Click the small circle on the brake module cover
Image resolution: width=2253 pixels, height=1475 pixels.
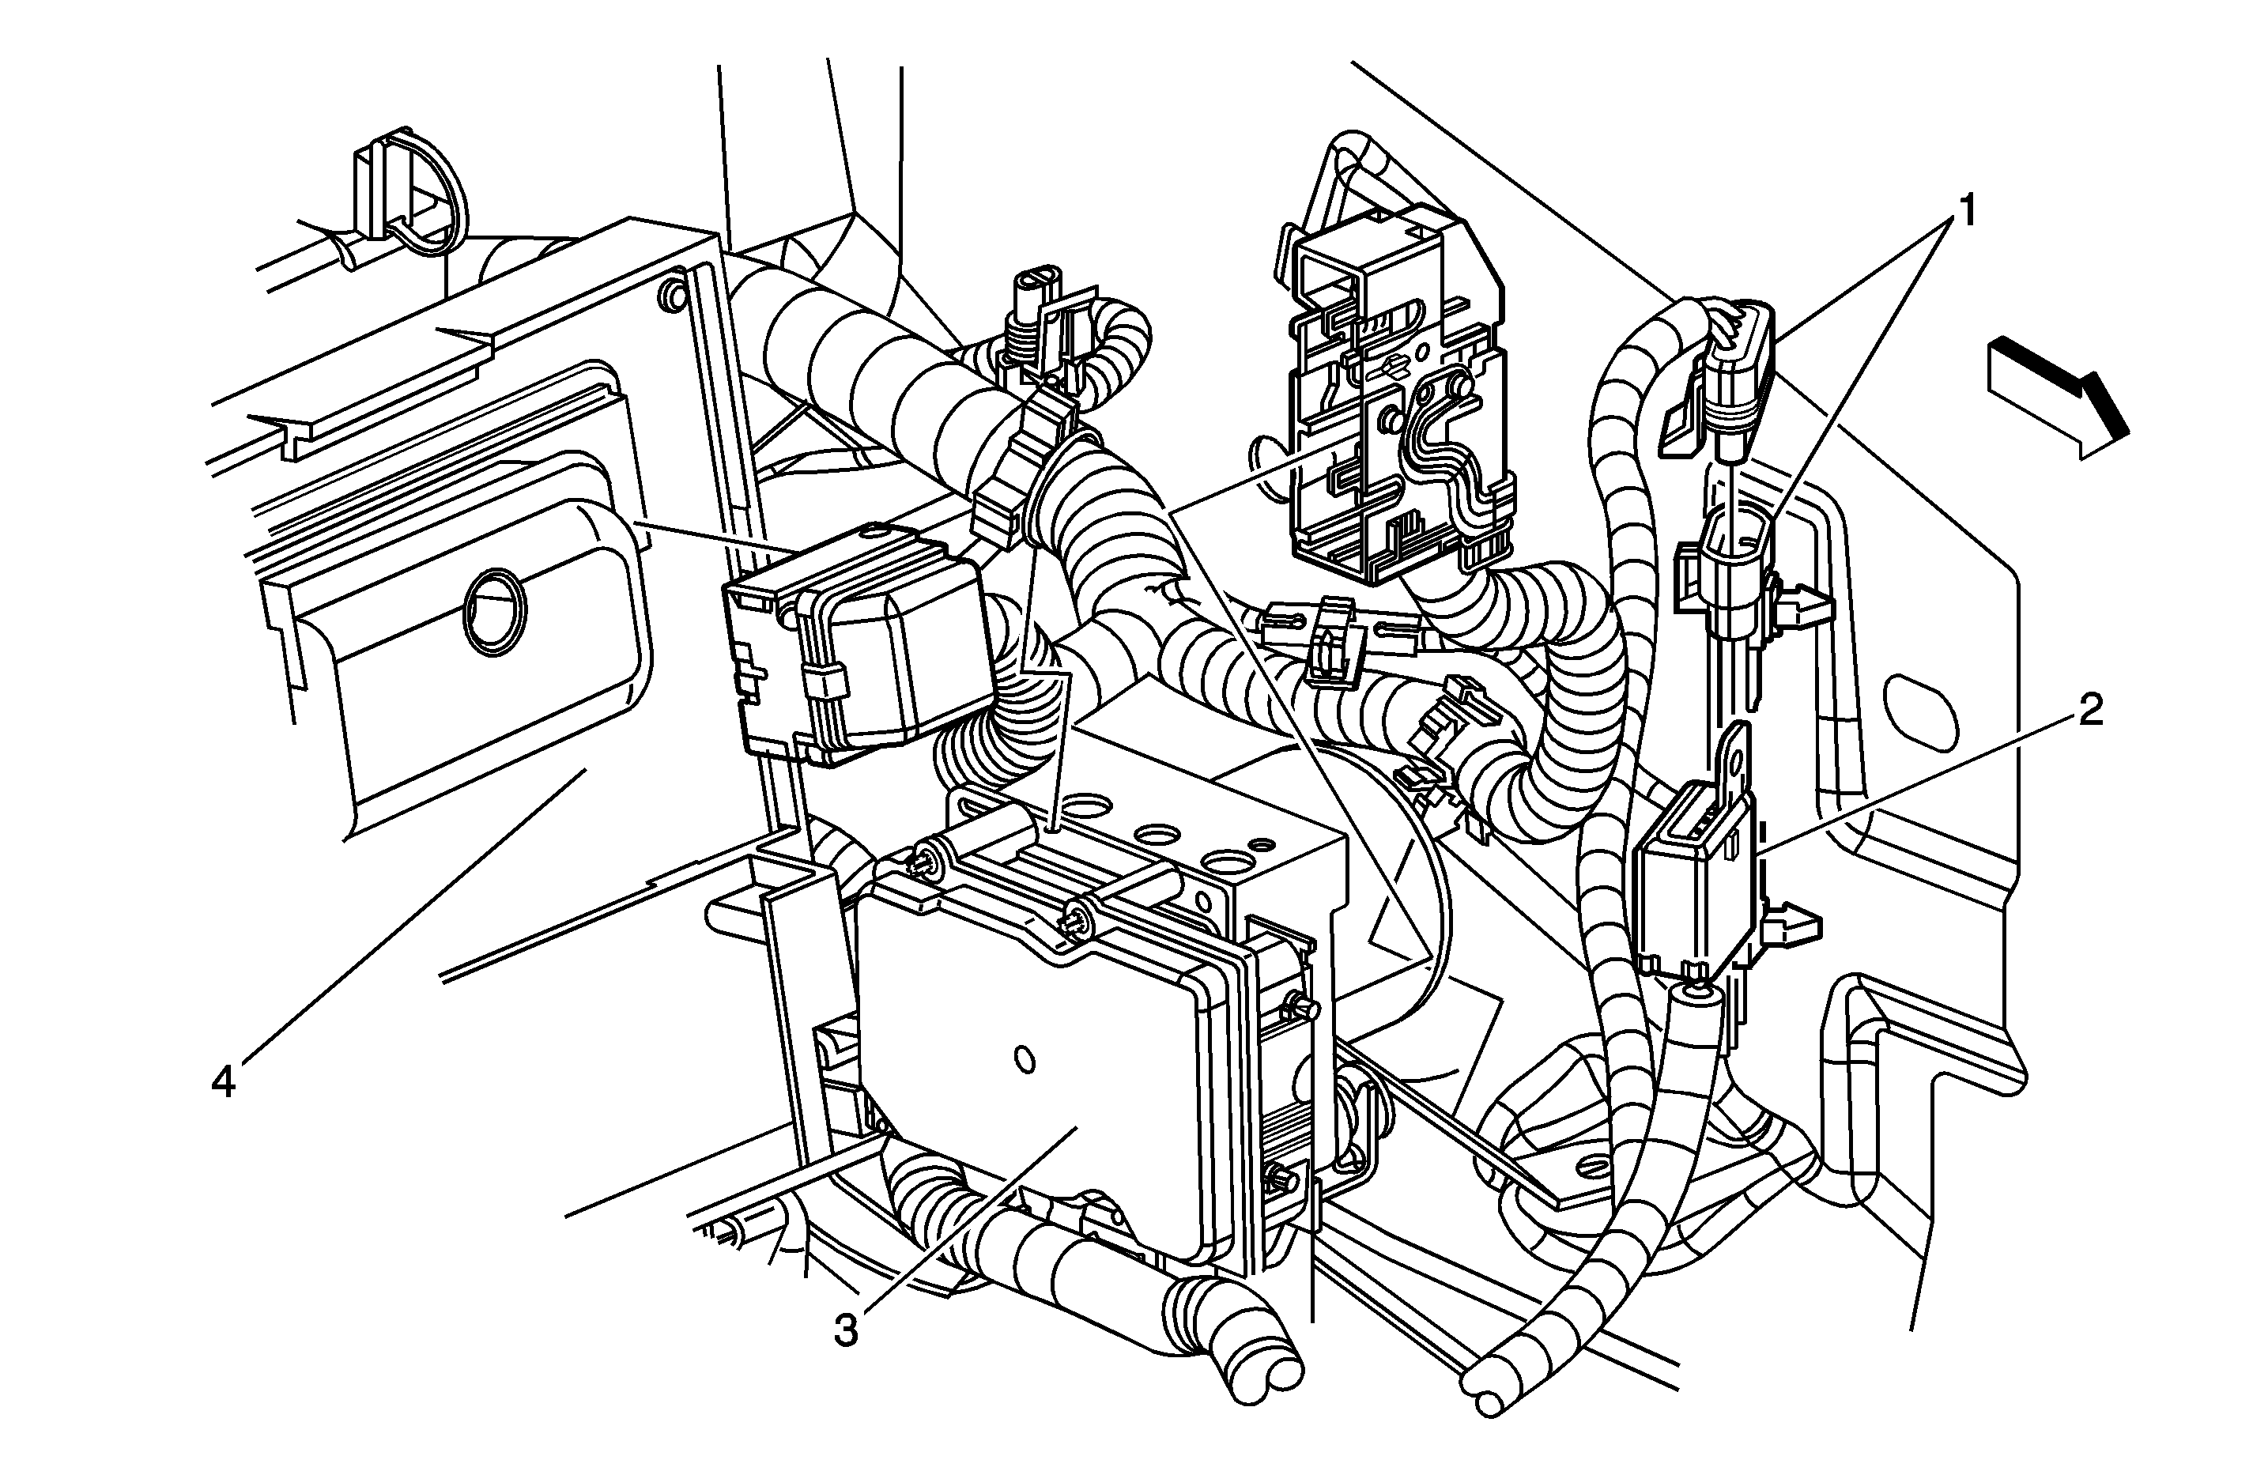pos(1022,1058)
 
